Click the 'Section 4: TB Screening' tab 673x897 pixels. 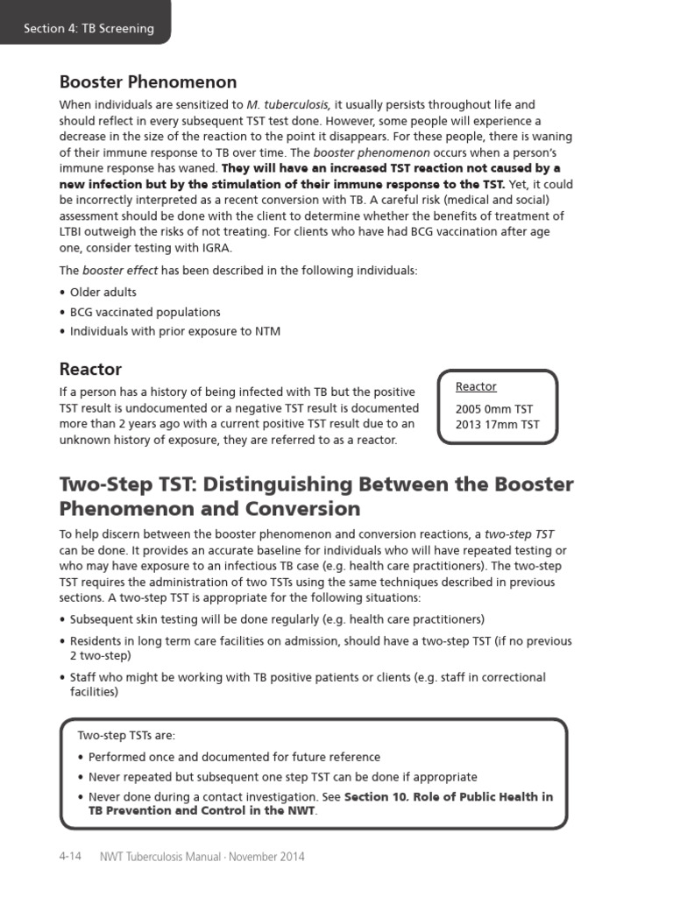(89, 28)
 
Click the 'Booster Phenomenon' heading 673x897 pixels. (147, 82)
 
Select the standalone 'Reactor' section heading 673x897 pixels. (90, 369)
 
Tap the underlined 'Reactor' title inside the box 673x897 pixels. (476, 386)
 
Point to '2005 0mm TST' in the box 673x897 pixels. (493, 409)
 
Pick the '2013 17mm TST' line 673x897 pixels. (497, 425)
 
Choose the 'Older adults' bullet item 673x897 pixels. (103, 293)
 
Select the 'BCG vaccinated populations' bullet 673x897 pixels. (145, 312)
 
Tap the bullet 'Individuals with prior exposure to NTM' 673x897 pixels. (175, 331)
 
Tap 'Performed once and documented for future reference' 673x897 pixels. (234, 757)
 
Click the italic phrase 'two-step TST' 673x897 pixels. (520, 533)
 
